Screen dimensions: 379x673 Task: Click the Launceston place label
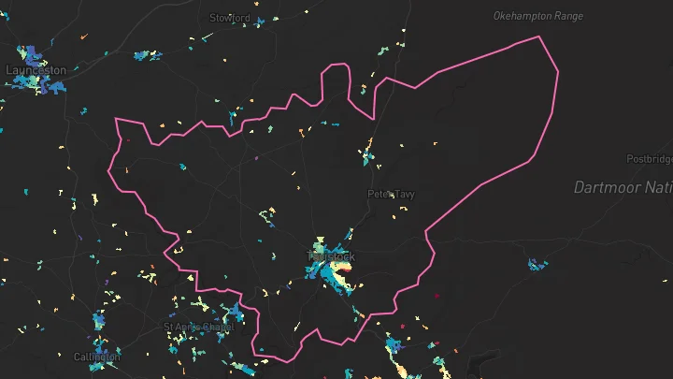click(x=36, y=70)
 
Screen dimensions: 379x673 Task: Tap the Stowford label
click(x=230, y=18)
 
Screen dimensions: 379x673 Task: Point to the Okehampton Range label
click(x=537, y=16)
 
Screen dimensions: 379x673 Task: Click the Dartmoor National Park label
click(x=623, y=188)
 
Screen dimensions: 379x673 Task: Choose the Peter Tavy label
click(x=391, y=195)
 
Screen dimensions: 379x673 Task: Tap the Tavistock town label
click(x=331, y=255)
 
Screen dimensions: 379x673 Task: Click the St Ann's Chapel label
click(x=197, y=328)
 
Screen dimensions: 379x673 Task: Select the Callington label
click(x=97, y=357)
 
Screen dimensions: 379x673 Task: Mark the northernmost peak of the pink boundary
click(x=539, y=36)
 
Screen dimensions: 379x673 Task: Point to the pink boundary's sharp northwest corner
click(x=116, y=119)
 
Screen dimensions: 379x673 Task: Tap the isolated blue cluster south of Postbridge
click(x=537, y=265)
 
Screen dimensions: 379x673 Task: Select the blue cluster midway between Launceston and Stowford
click(x=147, y=53)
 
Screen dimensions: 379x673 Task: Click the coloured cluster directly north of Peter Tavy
click(x=369, y=150)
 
